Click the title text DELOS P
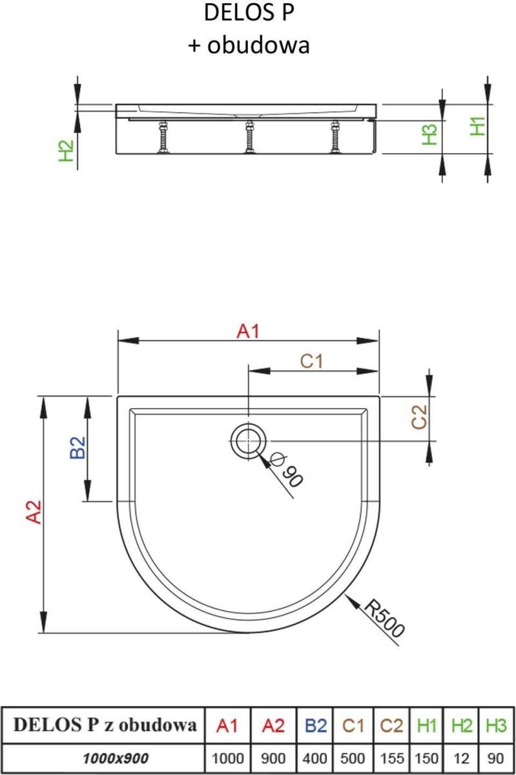(x=249, y=12)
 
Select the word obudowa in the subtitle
(x=258, y=45)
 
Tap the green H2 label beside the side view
(x=67, y=150)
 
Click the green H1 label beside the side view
(x=478, y=126)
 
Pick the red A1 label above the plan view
(x=248, y=331)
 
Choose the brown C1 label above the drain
(x=311, y=361)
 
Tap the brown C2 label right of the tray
(x=419, y=417)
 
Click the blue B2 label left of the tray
(x=77, y=448)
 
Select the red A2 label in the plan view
(x=34, y=512)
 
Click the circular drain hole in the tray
(x=249, y=441)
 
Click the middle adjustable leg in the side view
(x=249, y=137)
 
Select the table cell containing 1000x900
(x=116, y=758)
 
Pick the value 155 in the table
(x=392, y=759)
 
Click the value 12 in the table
(x=461, y=759)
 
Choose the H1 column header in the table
(x=426, y=725)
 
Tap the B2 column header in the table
(x=316, y=725)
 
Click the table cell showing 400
(x=315, y=759)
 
